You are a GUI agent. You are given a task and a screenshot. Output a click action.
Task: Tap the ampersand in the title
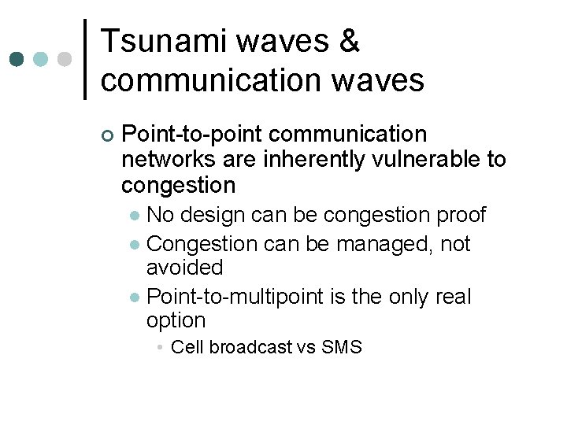[x=349, y=42]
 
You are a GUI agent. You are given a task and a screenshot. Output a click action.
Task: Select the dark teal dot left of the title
[x=17, y=59]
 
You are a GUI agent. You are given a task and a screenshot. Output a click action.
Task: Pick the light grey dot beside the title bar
[x=65, y=59]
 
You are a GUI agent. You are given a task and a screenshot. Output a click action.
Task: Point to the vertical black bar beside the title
[x=85, y=59]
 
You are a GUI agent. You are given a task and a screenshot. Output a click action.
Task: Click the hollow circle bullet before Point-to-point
[x=107, y=135]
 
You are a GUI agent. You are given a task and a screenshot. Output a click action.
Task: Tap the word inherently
[x=297, y=160]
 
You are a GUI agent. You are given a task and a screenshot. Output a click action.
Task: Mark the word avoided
[x=185, y=268]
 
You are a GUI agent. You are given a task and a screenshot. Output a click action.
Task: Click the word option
[x=176, y=321]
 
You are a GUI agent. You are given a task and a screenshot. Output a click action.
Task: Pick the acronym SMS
[x=342, y=347]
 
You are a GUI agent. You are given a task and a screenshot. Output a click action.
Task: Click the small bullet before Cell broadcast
[x=160, y=348]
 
